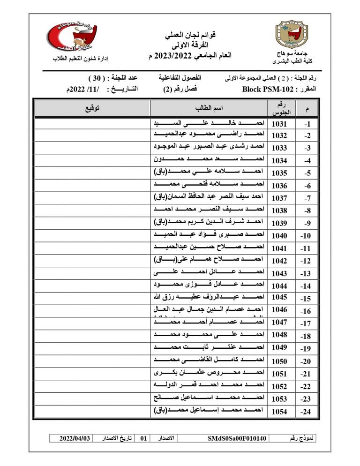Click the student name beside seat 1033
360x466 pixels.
click(209, 148)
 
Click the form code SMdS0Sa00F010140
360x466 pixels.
click(237, 438)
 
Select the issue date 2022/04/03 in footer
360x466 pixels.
click(75, 438)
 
